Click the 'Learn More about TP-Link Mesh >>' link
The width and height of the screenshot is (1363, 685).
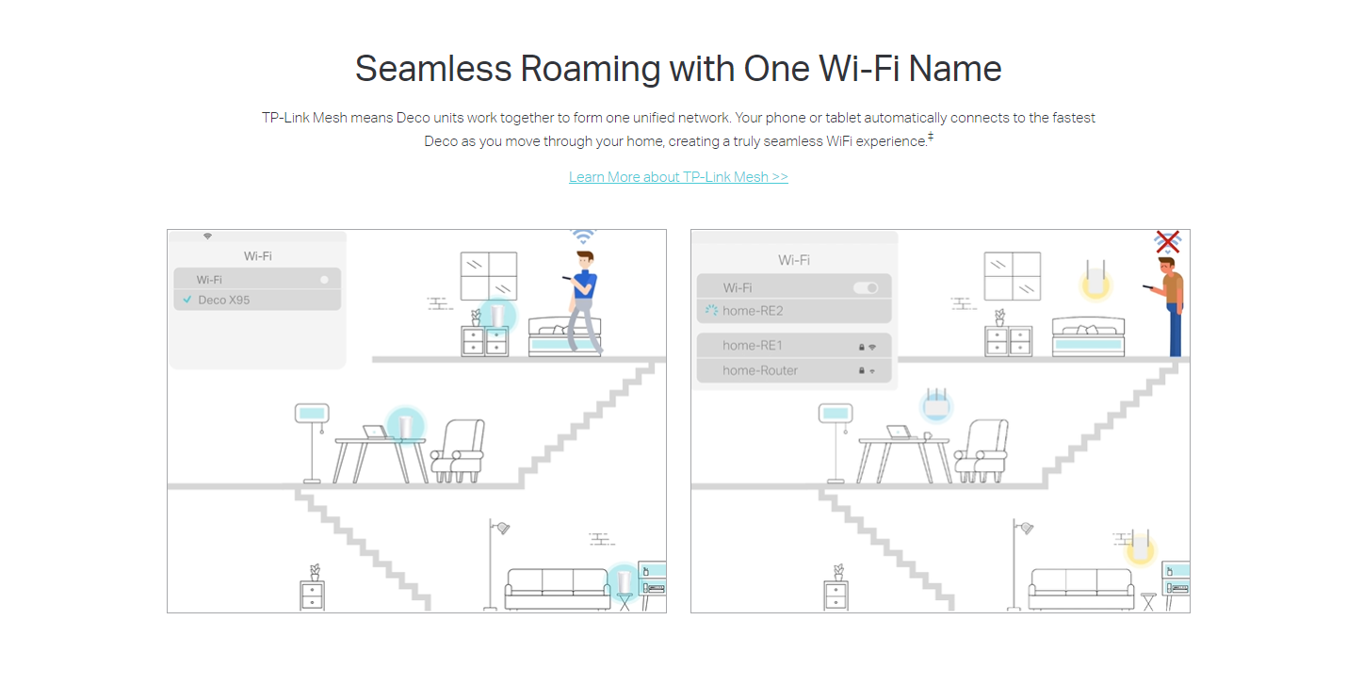click(x=678, y=176)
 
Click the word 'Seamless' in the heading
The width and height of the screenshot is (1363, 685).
click(x=433, y=68)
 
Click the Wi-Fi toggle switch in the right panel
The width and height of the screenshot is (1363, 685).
click(x=866, y=287)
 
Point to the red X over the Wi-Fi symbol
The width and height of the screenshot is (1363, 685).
click(x=1168, y=242)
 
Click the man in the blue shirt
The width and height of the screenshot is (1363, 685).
click(x=583, y=302)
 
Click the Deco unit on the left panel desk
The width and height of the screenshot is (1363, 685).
click(x=405, y=424)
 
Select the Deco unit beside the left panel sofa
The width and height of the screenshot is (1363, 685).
click(x=625, y=580)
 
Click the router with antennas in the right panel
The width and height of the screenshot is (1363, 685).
click(x=936, y=403)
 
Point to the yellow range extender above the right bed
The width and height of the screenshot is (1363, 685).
click(x=1095, y=280)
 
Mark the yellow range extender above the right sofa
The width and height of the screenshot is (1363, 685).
click(x=1141, y=546)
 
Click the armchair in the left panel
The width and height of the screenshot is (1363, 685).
click(x=459, y=450)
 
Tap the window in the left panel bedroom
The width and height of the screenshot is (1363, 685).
click(x=489, y=276)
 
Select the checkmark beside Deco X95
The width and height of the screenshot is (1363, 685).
click(x=187, y=300)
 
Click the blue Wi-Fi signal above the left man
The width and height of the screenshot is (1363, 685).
click(x=583, y=236)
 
